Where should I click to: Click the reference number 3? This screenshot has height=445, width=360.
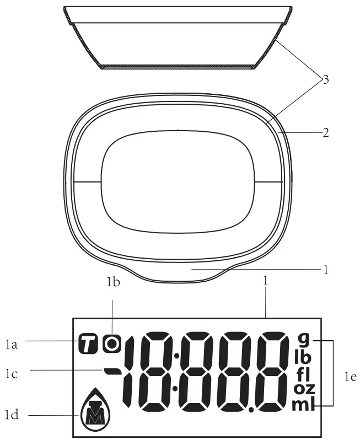point(326,80)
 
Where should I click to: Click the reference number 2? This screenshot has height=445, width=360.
point(326,132)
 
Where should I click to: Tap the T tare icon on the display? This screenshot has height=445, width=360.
point(87,344)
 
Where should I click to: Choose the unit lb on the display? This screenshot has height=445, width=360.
point(303,356)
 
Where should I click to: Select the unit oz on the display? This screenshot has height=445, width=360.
point(304,389)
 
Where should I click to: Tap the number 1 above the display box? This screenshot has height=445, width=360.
point(266,280)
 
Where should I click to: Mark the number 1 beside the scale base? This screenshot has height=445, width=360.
point(326,270)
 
